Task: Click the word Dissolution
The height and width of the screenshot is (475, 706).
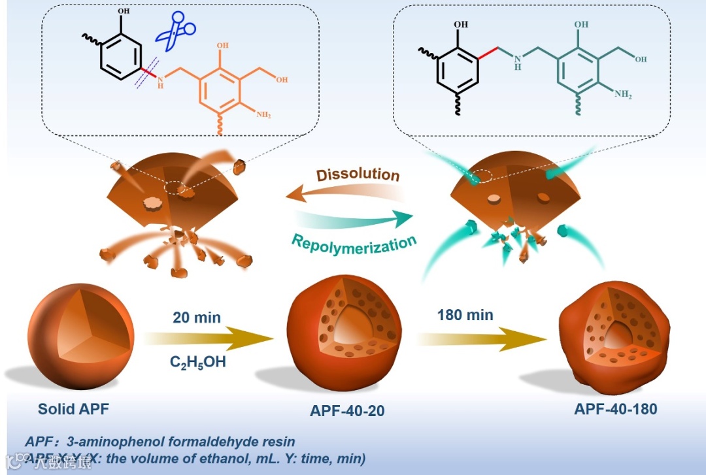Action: (x=358, y=175)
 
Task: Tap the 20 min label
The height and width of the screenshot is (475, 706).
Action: (x=197, y=318)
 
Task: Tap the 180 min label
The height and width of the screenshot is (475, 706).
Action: (x=465, y=315)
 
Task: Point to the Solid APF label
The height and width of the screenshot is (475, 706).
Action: (x=73, y=410)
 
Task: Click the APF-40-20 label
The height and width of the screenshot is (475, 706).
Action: (x=347, y=411)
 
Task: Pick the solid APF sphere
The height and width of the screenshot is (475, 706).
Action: (x=81, y=337)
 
